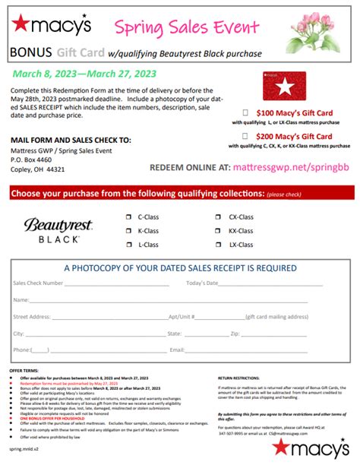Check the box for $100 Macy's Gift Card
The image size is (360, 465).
point(245,112)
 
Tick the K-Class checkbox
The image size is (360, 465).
point(128,230)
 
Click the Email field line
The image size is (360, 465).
point(251,350)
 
